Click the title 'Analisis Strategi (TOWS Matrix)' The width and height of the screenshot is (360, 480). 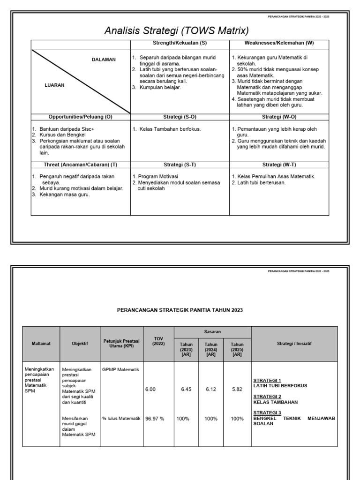point(176,31)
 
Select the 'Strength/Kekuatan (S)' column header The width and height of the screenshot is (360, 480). point(180,43)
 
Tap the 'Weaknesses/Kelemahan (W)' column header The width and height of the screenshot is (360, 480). point(279,43)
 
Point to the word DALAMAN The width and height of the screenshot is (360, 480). point(104,60)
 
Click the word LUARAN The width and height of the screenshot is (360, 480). point(54,86)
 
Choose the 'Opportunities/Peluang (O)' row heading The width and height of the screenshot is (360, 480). point(81,117)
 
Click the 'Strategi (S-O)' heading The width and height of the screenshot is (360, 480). point(180,117)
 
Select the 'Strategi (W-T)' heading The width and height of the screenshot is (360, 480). point(279,165)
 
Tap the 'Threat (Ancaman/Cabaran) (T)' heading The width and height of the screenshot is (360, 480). point(81,165)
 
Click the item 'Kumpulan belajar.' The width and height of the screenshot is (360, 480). point(160,87)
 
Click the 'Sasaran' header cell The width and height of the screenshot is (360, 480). point(212,331)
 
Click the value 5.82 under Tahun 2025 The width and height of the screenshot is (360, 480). point(237,389)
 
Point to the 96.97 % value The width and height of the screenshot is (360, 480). point(155,419)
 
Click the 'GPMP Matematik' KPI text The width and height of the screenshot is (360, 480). point(120,370)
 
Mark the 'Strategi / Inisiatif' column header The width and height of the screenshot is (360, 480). point(294,344)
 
